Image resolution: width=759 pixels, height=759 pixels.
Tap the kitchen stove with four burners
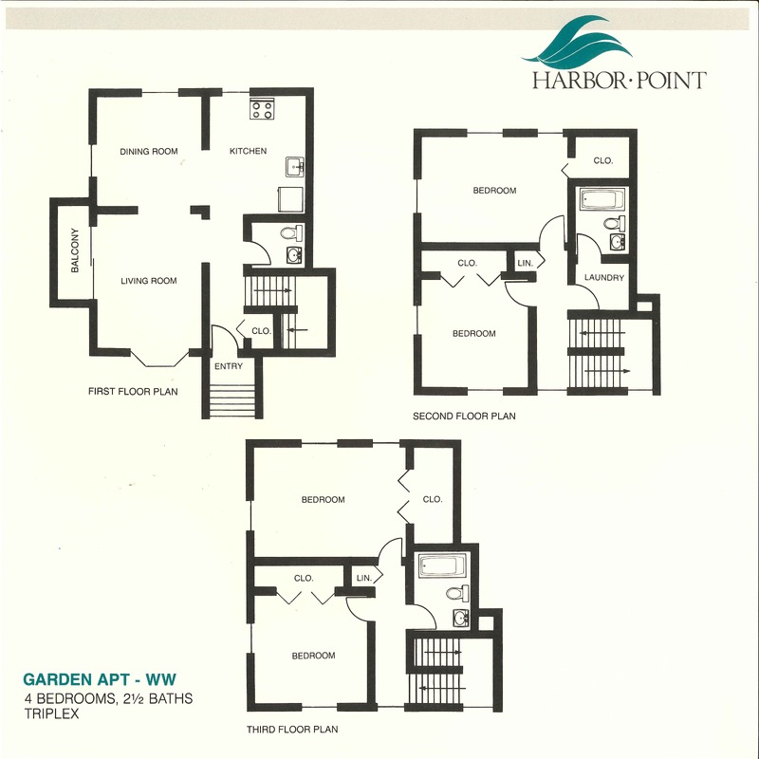pyautogui.click(x=262, y=109)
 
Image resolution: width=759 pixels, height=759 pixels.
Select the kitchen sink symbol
pyautogui.click(x=294, y=167)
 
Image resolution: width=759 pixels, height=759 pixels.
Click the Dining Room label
pyautogui.click(x=149, y=152)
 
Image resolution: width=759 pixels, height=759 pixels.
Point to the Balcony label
pyautogui.click(x=75, y=250)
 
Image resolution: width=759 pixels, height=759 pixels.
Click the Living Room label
pyautogui.click(x=149, y=281)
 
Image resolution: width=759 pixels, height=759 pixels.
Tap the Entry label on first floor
pyautogui.click(x=229, y=366)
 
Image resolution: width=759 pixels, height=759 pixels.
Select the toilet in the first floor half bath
pyautogui.click(x=291, y=233)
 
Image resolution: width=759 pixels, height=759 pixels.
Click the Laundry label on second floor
pyautogui.click(x=604, y=277)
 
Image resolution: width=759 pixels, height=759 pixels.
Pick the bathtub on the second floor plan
pyautogui.click(x=602, y=199)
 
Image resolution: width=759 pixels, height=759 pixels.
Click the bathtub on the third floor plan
pyautogui.click(x=442, y=565)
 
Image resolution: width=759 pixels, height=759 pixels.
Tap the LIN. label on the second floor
pyautogui.click(x=526, y=264)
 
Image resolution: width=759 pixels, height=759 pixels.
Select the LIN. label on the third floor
pyautogui.click(x=364, y=578)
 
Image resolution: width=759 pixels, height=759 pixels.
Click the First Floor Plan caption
pyautogui.click(x=133, y=391)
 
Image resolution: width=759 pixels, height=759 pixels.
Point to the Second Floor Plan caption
pyautogui.click(x=464, y=416)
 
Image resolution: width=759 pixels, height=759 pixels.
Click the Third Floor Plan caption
pyautogui.click(x=292, y=729)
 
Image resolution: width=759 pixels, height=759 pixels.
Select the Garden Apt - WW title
pyautogui.click(x=100, y=679)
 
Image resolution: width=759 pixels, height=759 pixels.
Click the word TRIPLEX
pyautogui.click(x=51, y=713)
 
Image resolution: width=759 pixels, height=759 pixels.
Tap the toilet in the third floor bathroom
pyautogui.click(x=457, y=593)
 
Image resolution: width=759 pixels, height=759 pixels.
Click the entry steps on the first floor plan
pyautogui.click(x=231, y=400)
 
